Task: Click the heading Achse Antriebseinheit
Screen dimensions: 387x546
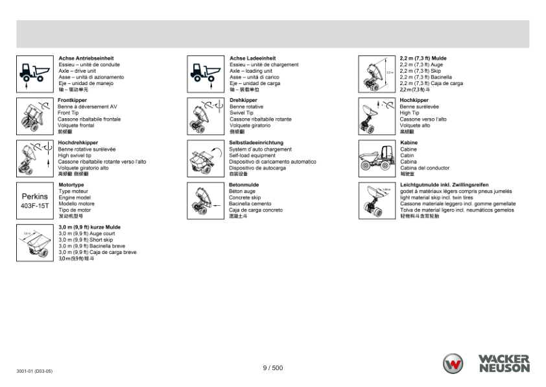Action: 86,58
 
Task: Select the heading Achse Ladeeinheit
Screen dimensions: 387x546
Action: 252,58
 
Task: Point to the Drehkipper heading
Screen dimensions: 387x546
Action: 243,101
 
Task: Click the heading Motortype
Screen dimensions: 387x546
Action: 71,185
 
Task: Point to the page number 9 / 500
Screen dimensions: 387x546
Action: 273,368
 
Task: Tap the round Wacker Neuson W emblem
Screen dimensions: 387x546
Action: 453,364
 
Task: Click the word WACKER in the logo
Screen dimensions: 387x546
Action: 504,358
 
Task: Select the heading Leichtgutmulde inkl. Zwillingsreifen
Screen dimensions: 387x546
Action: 453,185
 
